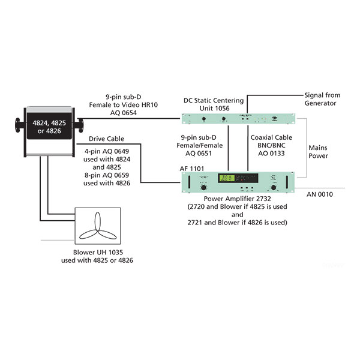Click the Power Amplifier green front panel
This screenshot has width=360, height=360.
(239, 180)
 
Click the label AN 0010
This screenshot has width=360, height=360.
(320, 194)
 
